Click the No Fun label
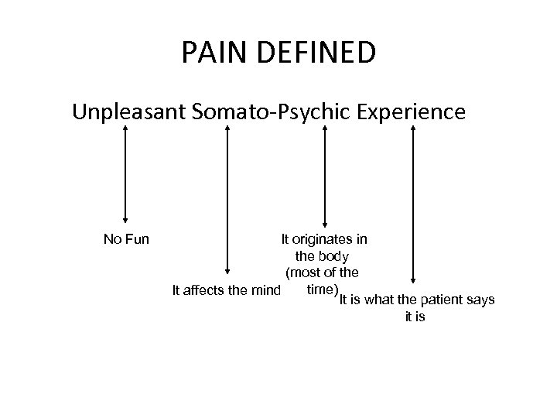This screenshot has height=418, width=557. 126,238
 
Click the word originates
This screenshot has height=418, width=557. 323,238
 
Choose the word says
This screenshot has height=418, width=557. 482,300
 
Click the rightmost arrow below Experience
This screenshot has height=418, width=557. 414,205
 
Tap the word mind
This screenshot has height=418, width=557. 263,291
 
